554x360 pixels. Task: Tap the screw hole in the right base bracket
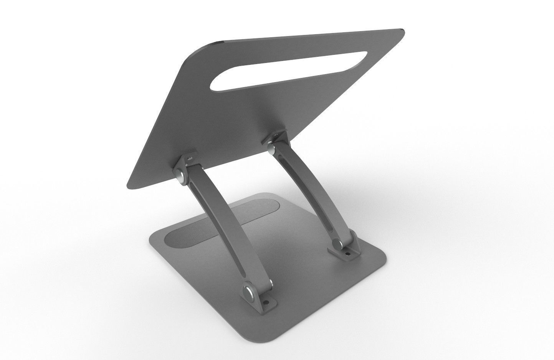tap(348, 253)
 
